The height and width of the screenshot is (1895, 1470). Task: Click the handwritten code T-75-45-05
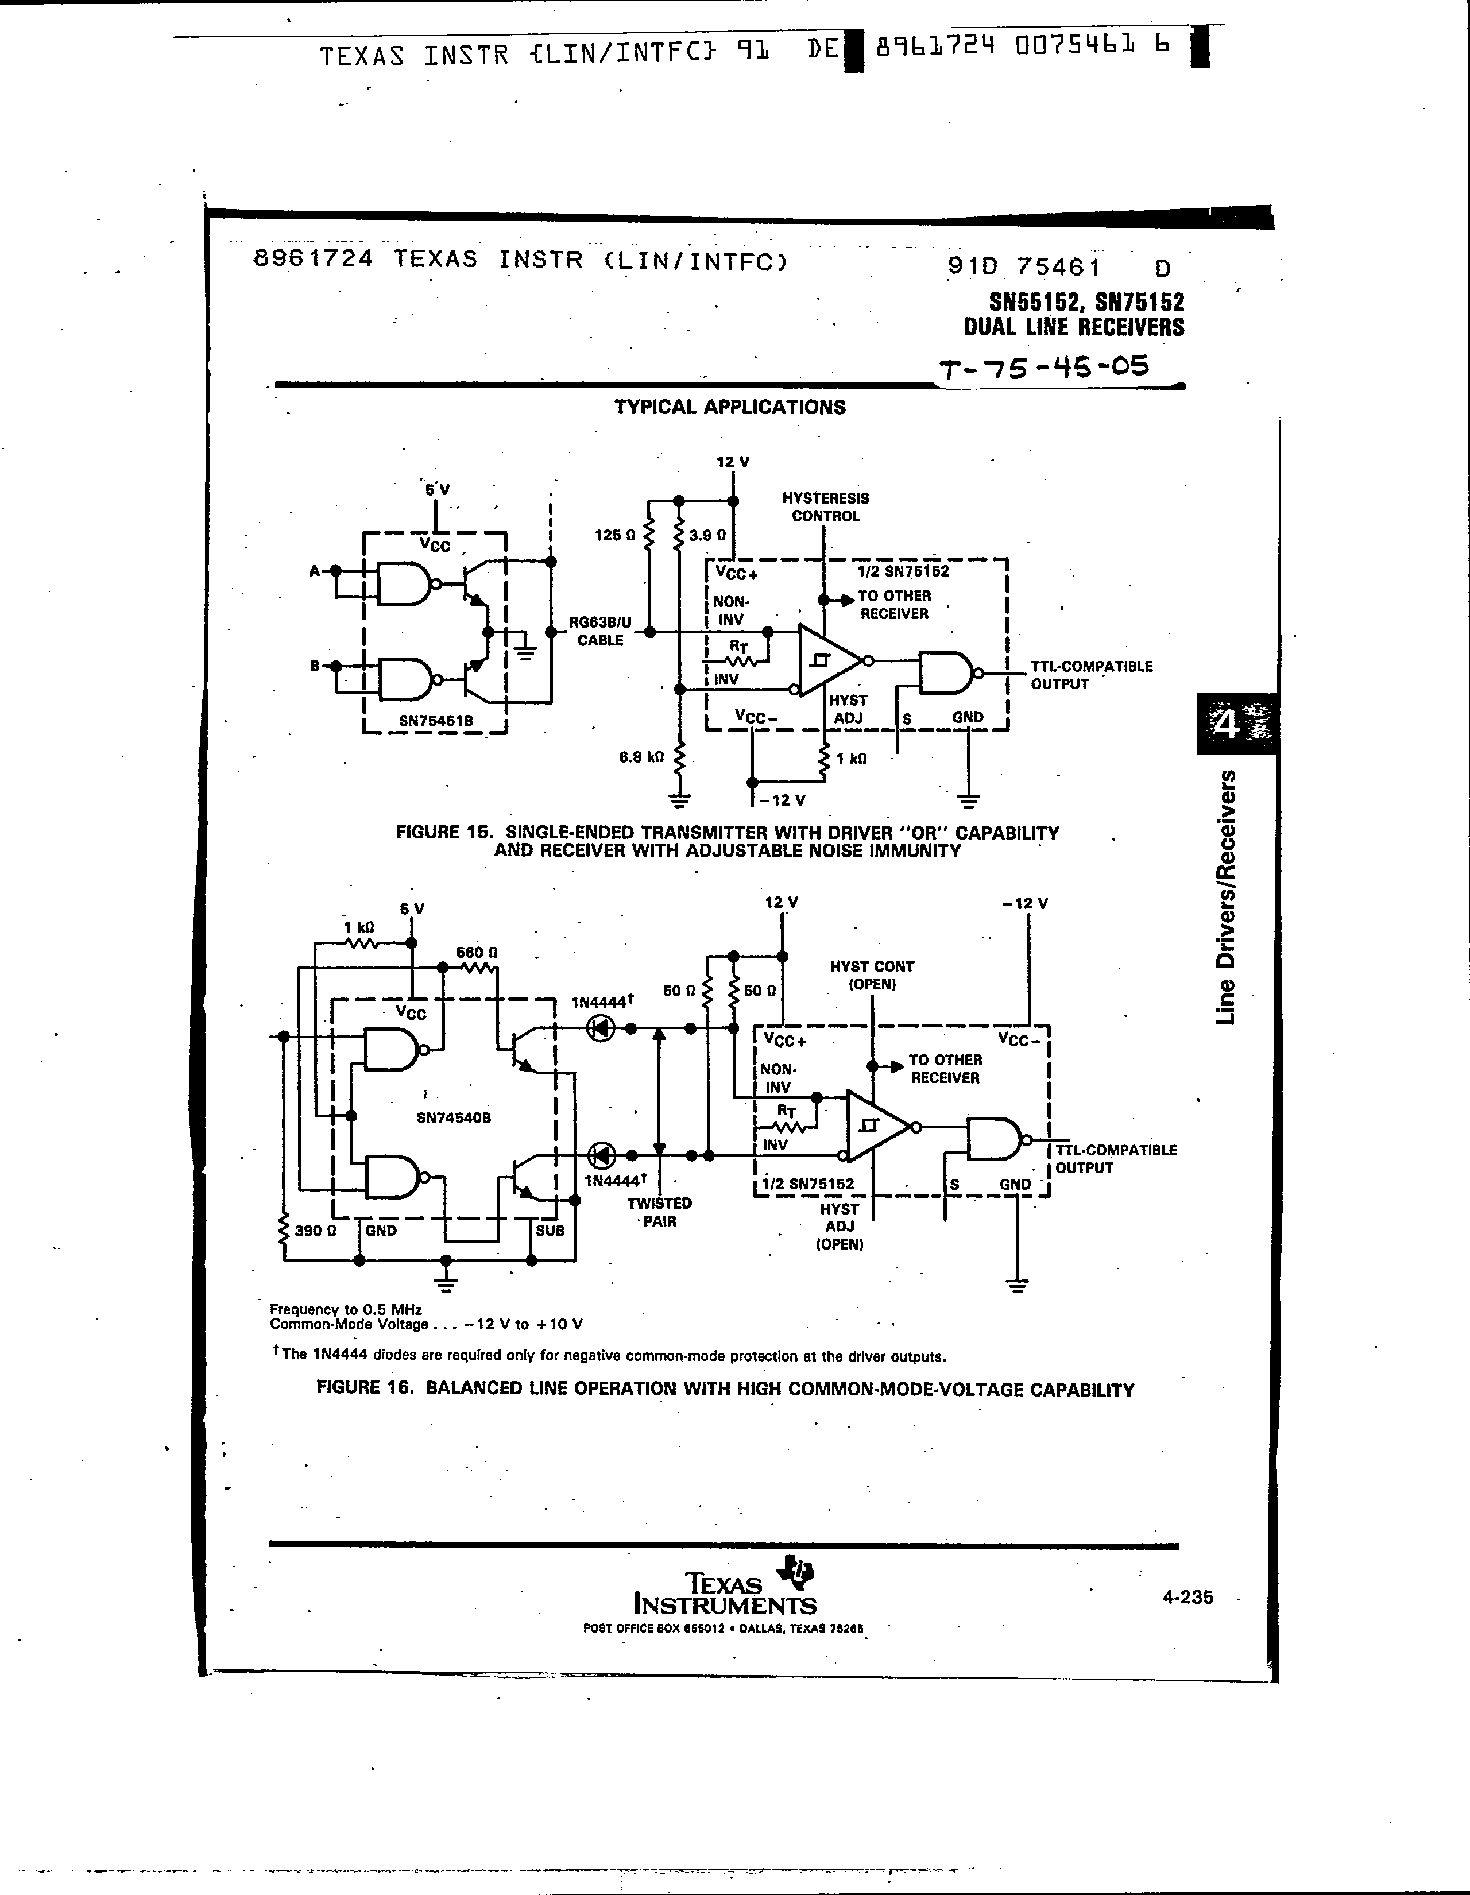pos(1045,368)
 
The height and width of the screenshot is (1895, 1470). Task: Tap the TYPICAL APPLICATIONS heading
pos(730,407)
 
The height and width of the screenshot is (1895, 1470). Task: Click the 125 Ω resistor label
pos(614,535)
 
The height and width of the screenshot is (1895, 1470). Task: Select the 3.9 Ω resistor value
pos(707,535)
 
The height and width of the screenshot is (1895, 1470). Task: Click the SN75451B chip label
pos(435,720)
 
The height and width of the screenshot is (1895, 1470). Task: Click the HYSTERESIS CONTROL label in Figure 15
pos(825,506)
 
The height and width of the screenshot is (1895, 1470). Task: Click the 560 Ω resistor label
pos(477,952)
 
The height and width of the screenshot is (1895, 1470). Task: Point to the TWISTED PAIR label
pos(660,1212)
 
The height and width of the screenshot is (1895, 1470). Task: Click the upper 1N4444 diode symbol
pos(601,1029)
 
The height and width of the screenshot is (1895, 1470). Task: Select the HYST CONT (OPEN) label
pos(871,975)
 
